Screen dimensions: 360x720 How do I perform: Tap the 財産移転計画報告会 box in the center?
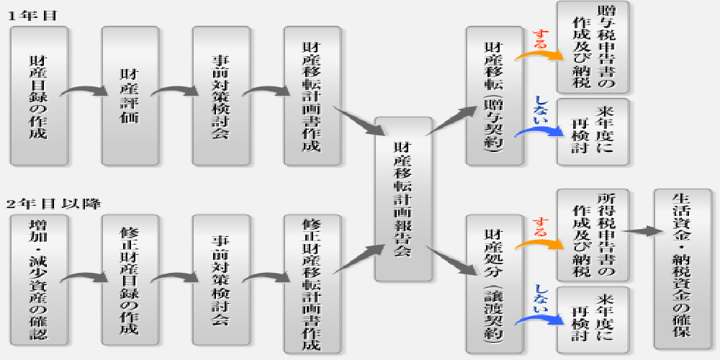pyautogui.click(x=403, y=199)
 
